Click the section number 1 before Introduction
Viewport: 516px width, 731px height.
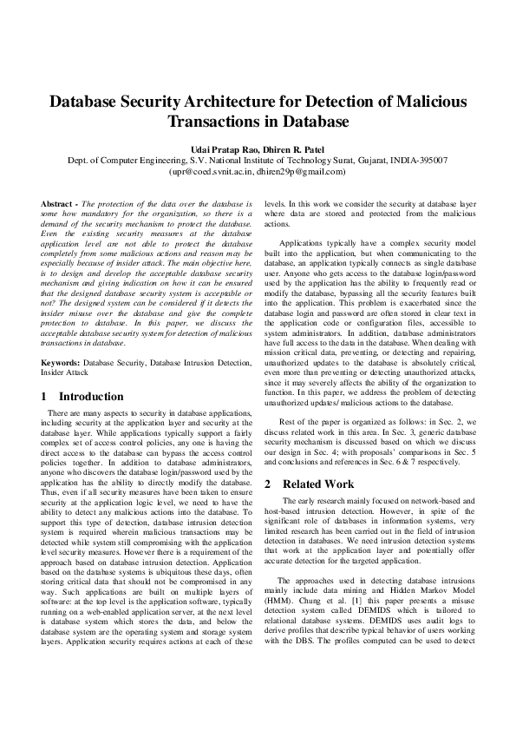pyautogui.click(x=44, y=396)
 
